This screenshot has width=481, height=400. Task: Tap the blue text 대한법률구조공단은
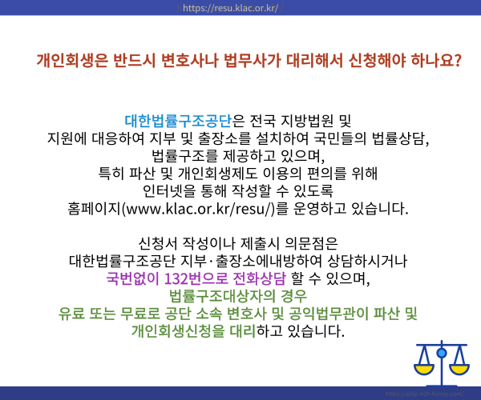[184, 122]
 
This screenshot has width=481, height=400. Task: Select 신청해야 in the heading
[369, 60]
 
